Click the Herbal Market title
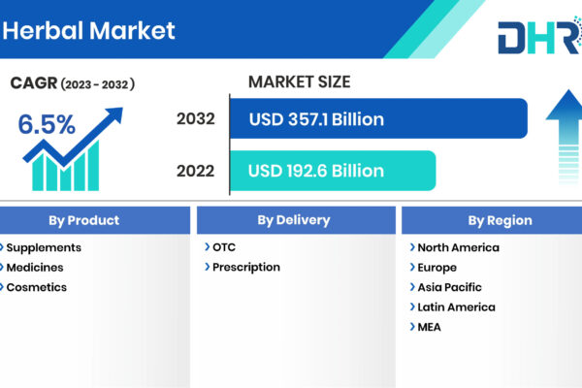point(88,30)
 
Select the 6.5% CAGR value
point(47,124)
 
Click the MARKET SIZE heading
point(299,81)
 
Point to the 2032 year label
point(196,118)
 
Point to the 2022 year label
point(196,171)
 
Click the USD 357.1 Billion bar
point(378,118)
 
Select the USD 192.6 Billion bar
point(333,171)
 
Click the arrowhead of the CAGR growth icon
point(114,114)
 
